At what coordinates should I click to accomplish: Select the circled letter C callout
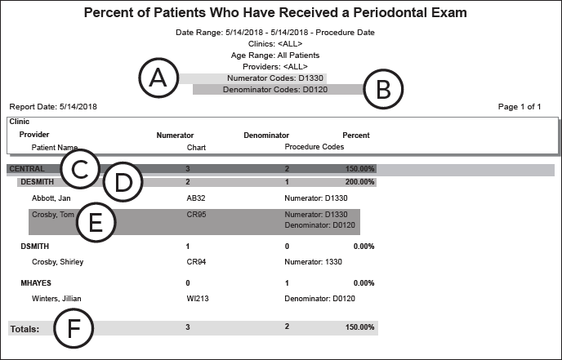pyautogui.click(x=79, y=170)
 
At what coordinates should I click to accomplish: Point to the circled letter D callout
pyautogui.click(x=123, y=182)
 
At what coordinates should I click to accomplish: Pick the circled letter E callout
pyautogui.click(x=95, y=223)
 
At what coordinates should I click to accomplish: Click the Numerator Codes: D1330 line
pyautogui.click(x=276, y=78)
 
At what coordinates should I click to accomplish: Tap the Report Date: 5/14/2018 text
pyautogui.click(x=53, y=107)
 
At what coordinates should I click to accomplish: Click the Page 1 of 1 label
pyautogui.click(x=520, y=107)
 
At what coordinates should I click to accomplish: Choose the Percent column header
pyautogui.click(x=355, y=135)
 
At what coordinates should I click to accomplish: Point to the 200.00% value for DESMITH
pyautogui.click(x=359, y=182)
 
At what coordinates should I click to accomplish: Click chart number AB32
pyautogui.click(x=195, y=198)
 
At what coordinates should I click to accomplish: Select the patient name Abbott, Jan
pyautogui.click(x=51, y=198)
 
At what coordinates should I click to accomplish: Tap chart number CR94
pyautogui.click(x=195, y=262)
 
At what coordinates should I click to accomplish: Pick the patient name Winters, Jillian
pyautogui.click(x=56, y=298)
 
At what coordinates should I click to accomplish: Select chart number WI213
pyautogui.click(x=196, y=298)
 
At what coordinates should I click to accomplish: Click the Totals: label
pyautogui.click(x=25, y=328)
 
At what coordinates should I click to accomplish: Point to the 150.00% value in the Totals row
pyautogui.click(x=359, y=327)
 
